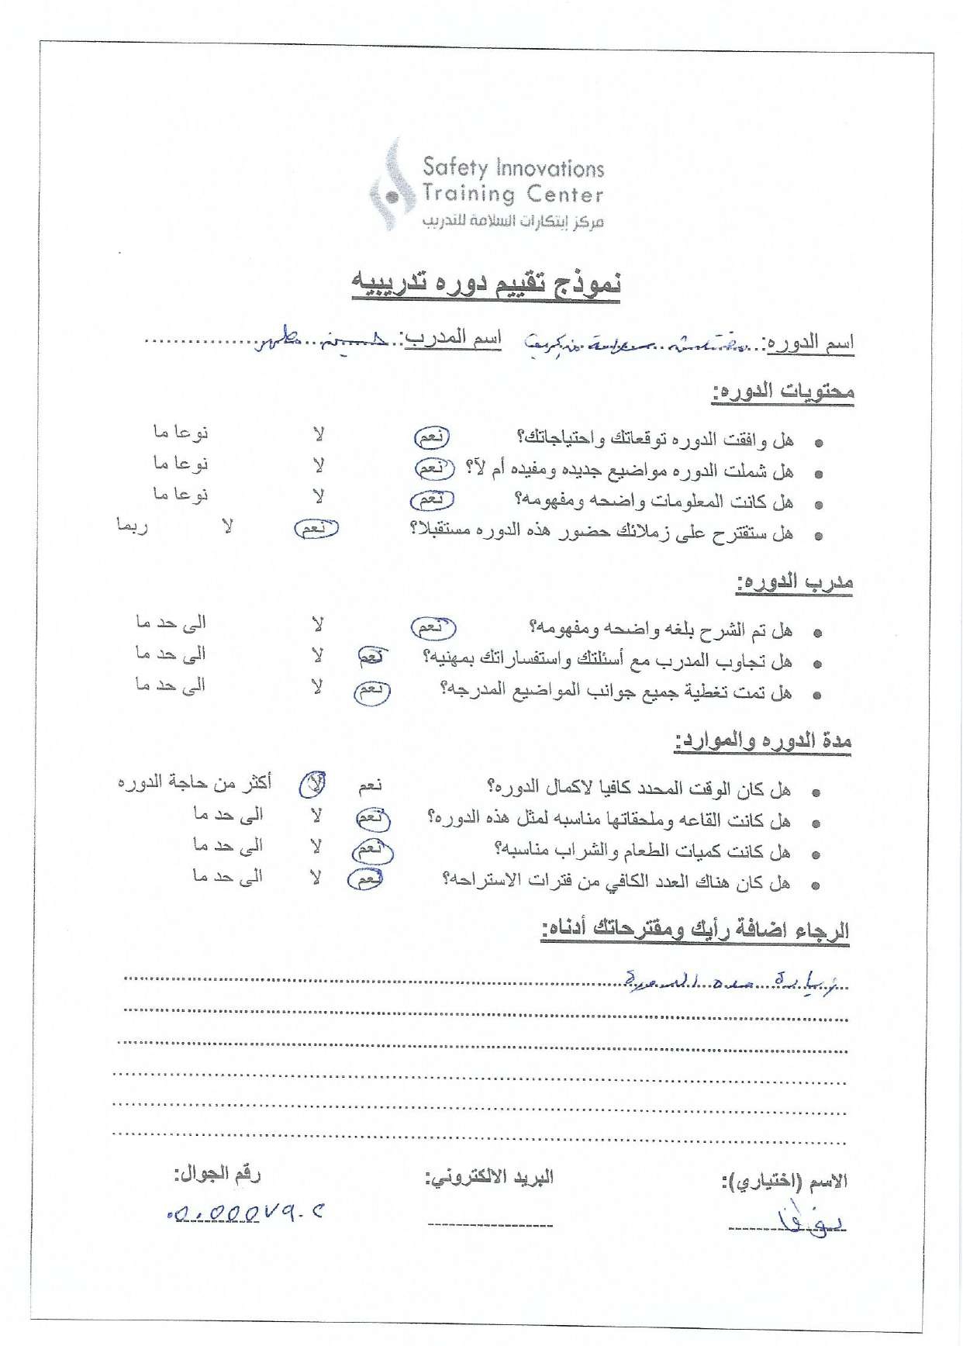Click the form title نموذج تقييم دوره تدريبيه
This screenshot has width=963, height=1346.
pos(486,284)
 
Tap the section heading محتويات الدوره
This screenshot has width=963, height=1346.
pos(782,392)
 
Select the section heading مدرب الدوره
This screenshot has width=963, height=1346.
pos(794,582)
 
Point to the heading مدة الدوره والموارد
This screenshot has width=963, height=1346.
pos(763,742)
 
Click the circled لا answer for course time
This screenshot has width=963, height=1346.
pos(313,785)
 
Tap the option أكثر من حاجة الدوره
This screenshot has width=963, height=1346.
pos(195,783)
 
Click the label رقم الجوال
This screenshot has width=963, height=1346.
pos(217,1174)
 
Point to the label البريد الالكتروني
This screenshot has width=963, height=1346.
pos(489,1178)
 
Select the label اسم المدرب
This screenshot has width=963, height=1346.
pos(452,339)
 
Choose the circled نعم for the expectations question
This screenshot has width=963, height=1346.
pos(431,437)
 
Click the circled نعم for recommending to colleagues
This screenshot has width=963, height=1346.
pos(316,529)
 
